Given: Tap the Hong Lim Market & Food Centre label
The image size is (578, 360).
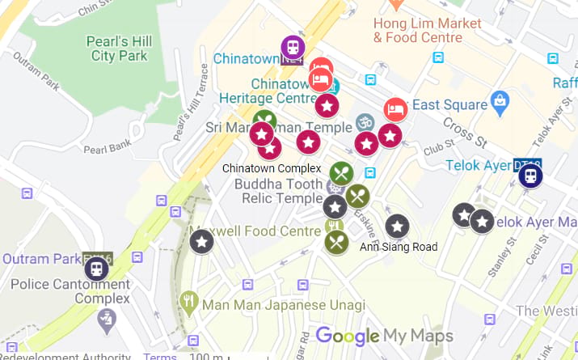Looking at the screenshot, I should [427, 30].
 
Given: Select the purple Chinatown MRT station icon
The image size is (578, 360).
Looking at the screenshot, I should [292, 49].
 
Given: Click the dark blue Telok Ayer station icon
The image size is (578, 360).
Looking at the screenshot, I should [530, 175].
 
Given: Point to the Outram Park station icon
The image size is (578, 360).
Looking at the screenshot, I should [96, 268].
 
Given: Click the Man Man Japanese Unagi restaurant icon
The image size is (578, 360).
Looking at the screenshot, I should [189, 303].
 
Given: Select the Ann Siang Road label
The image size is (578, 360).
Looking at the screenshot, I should [399, 247].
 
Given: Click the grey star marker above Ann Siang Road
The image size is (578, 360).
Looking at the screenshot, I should [397, 227].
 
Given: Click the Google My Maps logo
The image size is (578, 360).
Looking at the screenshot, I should [383, 336].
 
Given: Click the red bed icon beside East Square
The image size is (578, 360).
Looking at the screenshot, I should [394, 109].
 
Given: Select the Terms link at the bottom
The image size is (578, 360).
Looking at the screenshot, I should [159, 356].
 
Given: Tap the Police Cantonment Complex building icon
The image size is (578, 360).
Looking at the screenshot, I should [106, 320].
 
